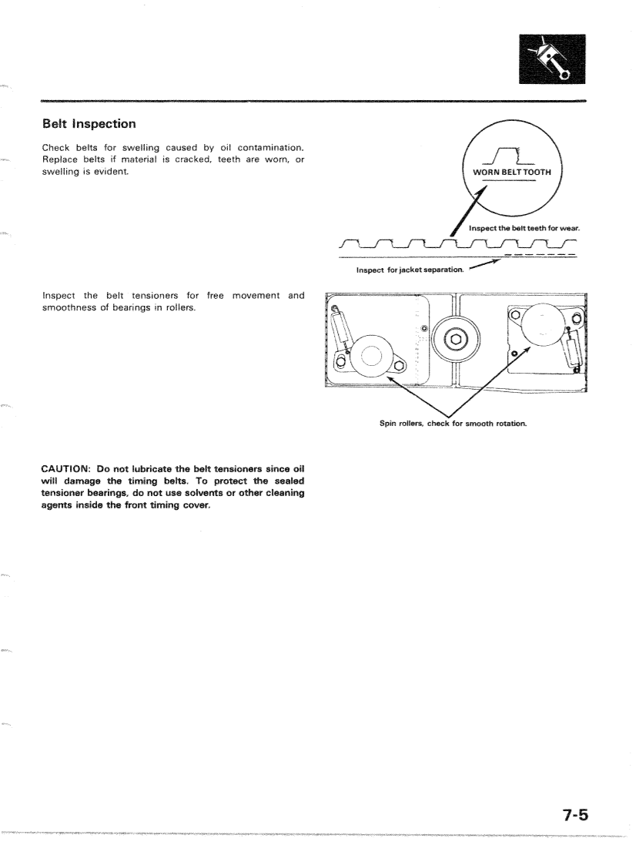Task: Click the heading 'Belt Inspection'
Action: pyautogui.click(x=89, y=123)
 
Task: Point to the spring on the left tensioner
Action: pyautogui.click(x=339, y=330)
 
